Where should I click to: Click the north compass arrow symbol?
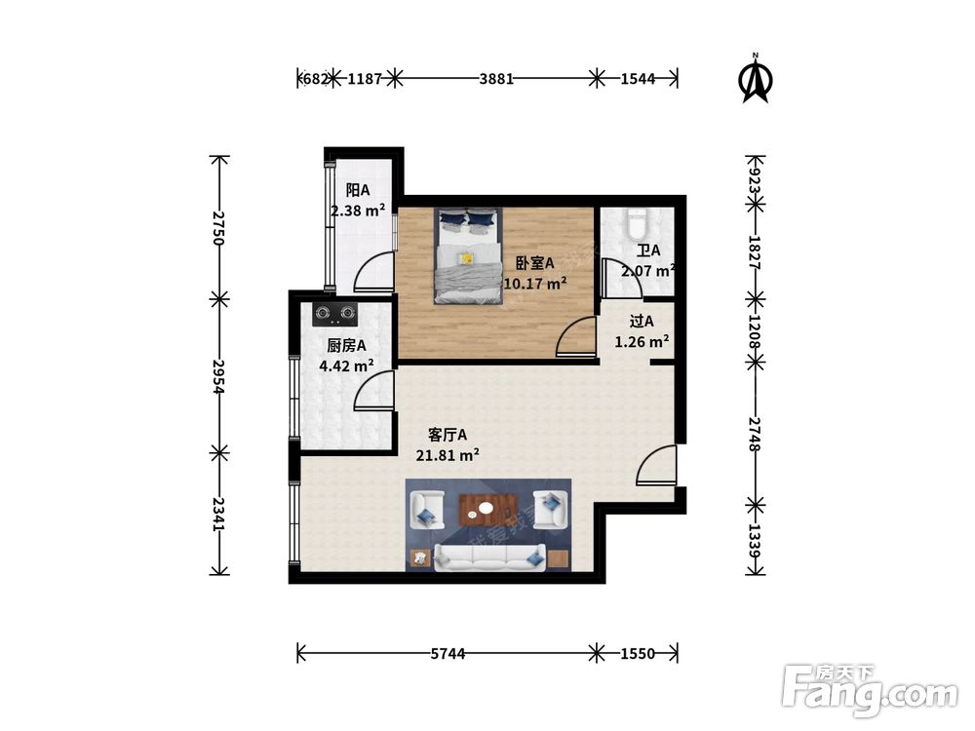tap(756, 78)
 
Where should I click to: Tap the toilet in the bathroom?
tap(637, 224)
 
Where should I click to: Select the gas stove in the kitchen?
tap(334, 314)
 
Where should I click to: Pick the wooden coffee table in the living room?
tap(488, 509)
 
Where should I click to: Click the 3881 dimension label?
tap(496, 79)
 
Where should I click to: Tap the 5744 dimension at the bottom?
tap(448, 654)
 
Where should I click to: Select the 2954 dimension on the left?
tap(217, 376)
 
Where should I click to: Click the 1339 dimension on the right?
tap(755, 541)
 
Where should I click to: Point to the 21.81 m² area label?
tap(448, 455)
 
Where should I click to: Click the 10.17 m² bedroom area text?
tap(534, 284)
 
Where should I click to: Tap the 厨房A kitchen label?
tap(346, 346)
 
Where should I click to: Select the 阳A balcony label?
tap(358, 190)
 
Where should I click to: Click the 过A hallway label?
tap(642, 322)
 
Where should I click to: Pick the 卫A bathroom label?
tap(648, 250)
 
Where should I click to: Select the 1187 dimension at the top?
tap(365, 79)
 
